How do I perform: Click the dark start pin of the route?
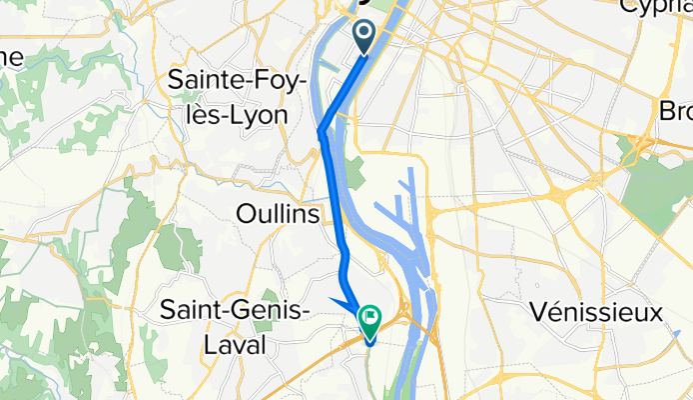(x=362, y=35)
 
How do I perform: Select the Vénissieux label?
(x=598, y=312)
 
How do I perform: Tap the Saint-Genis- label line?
(x=238, y=311)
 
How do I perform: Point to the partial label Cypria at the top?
(x=655, y=7)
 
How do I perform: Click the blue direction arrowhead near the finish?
(x=345, y=304)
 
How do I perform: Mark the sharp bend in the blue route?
(x=321, y=131)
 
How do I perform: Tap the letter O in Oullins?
(x=244, y=215)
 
